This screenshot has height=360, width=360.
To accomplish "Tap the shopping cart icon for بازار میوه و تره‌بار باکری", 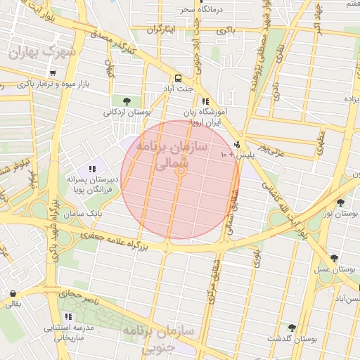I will click(x=53, y=73).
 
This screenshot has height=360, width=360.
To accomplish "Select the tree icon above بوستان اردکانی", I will click(x=126, y=101).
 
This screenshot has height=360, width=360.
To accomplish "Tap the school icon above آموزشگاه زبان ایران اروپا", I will click(x=205, y=101).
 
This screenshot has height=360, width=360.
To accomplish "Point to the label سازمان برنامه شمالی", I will click(x=179, y=156).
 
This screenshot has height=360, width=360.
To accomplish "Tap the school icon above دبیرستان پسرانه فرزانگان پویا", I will click(x=92, y=168).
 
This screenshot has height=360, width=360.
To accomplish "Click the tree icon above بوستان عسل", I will click(x=334, y=259).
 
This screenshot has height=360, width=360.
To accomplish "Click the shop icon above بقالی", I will click(x=13, y=293).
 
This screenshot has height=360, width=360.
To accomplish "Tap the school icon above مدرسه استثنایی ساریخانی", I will click(x=68, y=317).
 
